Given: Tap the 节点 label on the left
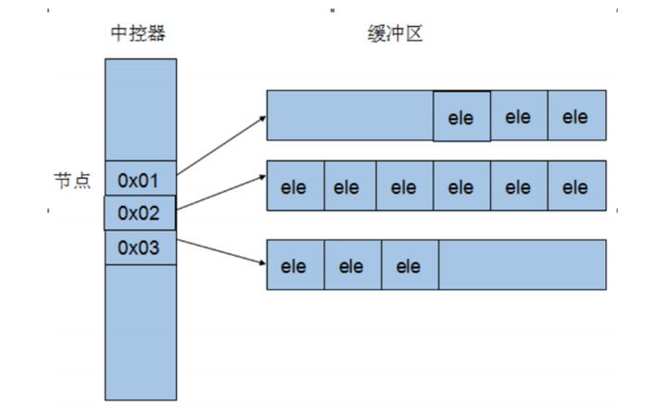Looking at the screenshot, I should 71,180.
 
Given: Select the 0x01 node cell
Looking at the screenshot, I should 140,179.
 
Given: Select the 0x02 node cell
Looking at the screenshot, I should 139,213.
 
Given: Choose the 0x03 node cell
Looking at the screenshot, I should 140,247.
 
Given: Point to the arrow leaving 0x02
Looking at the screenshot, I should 220,196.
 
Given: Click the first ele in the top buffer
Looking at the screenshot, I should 461,117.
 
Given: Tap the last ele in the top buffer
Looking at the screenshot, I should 576,116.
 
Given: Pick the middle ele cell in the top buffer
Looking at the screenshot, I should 519,116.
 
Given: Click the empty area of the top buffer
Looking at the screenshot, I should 350,116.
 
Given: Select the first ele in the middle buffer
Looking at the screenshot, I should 295,187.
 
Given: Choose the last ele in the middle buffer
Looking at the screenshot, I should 576,187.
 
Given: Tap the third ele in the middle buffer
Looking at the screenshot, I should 404,187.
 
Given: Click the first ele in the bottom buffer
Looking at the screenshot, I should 295,266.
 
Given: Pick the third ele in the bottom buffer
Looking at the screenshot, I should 409,266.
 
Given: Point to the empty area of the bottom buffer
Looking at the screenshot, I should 522,266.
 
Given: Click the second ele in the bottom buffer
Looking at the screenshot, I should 352,266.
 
